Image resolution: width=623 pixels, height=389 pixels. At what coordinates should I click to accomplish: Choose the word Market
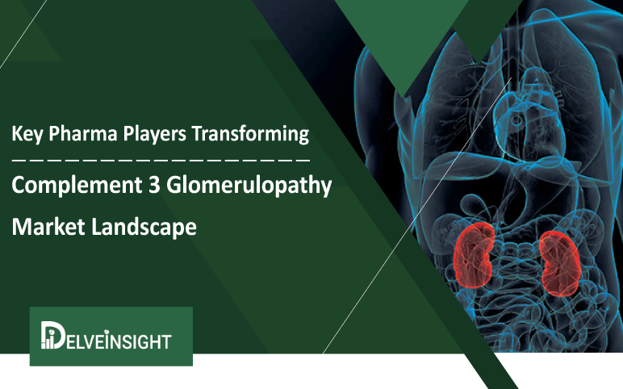pos(44,228)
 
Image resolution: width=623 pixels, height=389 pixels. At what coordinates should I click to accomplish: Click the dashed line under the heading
pos(161,159)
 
